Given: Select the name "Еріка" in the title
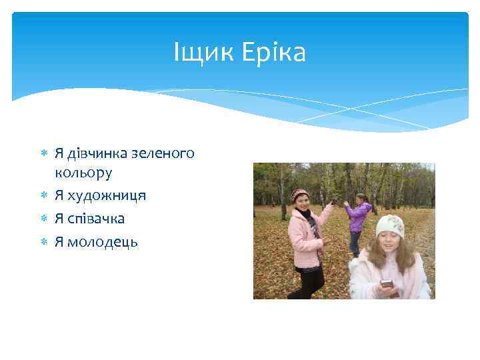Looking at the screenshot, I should (x=273, y=53).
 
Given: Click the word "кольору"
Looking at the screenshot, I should (x=84, y=173).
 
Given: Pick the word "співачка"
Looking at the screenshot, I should (x=99, y=219).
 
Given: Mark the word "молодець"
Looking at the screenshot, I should (x=105, y=241).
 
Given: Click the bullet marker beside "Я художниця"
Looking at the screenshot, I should (x=43, y=196).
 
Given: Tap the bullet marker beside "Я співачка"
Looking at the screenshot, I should (x=43, y=219).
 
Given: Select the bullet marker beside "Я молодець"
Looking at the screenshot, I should (x=43, y=241).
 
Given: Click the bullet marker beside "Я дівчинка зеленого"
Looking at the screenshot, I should (x=43, y=153).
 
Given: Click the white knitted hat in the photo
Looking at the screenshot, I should (x=389, y=225).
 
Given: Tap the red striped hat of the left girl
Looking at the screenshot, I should (x=299, y=194).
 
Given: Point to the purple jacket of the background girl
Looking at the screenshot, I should (x=359, y=217).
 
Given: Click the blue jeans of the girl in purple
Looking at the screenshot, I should (x=355, y=242).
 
